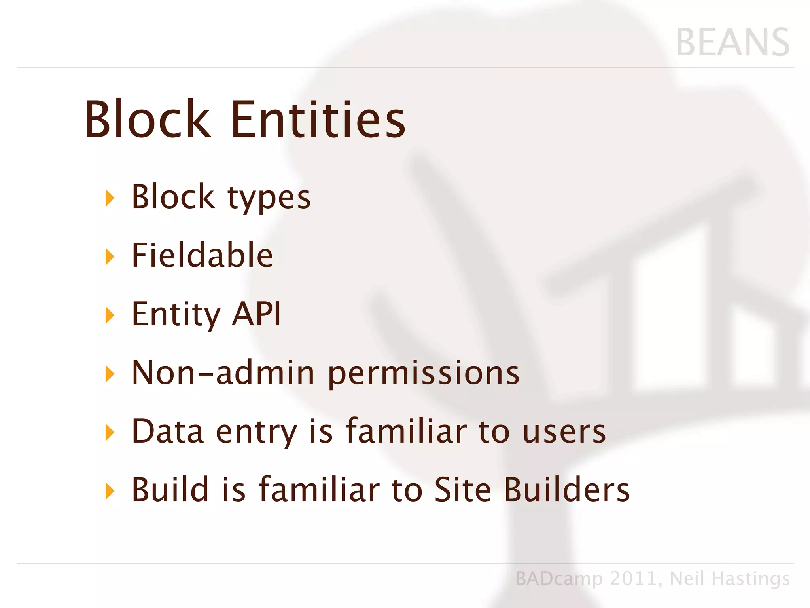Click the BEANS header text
point(733,43)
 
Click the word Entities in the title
point(318,120)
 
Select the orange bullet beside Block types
point(110,198)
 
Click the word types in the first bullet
point(269,198)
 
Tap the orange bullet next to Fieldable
point(110,256)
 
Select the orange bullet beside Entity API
point(110,315)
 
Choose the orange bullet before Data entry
point(110,432)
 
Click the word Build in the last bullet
point(170,489)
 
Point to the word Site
point(463,489)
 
